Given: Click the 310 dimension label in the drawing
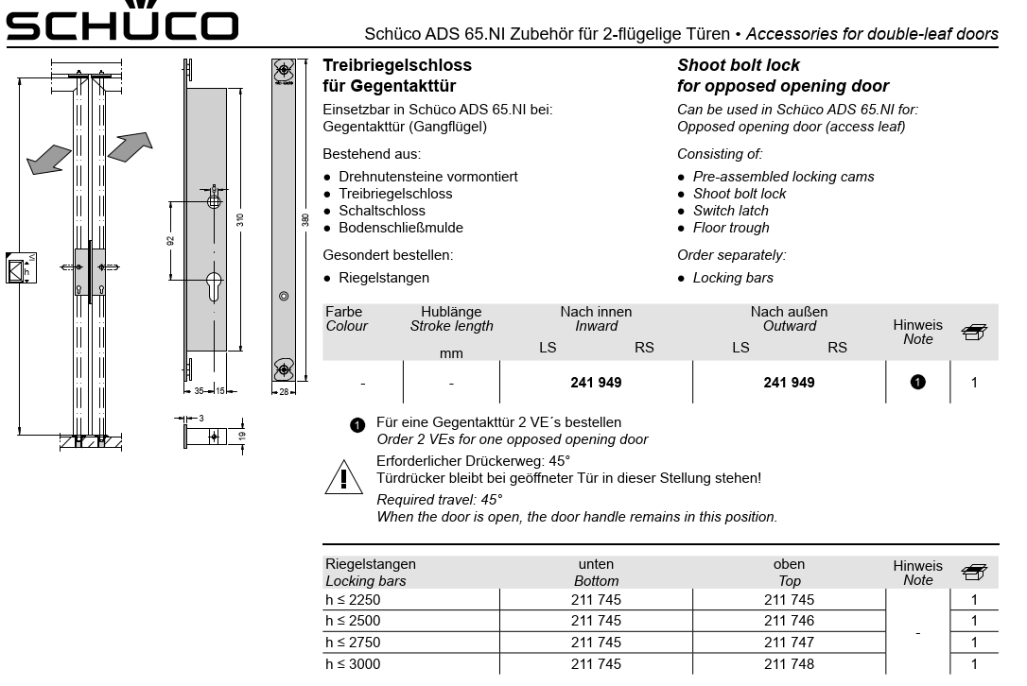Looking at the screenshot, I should click(x=241, y=219).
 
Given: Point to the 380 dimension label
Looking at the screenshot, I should click(x=305, y=219).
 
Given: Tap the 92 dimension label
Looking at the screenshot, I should click(x=171, y=240).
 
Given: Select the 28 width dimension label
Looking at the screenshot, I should click(x=284, y=391).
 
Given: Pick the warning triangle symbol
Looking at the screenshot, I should click(x=343, y=478).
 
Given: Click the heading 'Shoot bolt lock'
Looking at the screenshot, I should click(x=739, y=65).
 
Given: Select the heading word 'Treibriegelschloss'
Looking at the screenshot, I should click(x=397, y=65).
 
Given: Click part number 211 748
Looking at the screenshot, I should click(x=789, y=664).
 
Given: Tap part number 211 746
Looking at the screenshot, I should click(x=789, y=621).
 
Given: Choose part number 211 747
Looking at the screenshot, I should click(x=789, y=643).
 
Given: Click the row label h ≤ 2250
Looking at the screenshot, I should click(x=353, y=599).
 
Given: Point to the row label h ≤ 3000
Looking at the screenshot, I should click(x=353, y=664).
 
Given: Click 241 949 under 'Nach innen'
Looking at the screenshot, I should click(x=596, y=383).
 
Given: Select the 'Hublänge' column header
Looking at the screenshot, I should click(x=451, y=312).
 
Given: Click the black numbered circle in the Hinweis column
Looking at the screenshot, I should click(x=917, y=383).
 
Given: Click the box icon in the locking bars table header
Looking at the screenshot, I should click(x=974, y=572).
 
